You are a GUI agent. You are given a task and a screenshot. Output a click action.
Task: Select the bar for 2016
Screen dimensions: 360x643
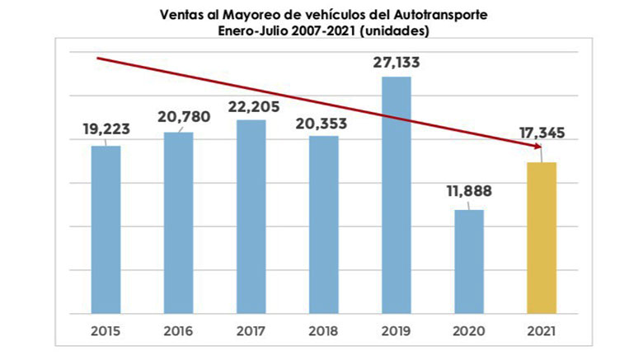(178, 222)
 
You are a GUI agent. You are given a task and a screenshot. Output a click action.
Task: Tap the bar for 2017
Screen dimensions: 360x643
(251, 216)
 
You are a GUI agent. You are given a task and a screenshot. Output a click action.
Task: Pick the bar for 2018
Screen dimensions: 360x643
(324, 224)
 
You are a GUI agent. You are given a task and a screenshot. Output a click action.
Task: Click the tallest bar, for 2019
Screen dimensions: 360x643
(397, 194)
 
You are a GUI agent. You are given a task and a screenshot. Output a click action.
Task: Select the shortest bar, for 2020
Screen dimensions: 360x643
(469, 261)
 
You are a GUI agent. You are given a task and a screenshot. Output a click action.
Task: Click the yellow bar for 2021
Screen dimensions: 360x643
(542, 237)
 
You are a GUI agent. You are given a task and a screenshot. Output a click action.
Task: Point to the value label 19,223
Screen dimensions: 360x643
(106, 129)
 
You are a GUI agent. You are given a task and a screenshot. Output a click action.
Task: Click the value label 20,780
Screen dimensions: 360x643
(178, 116)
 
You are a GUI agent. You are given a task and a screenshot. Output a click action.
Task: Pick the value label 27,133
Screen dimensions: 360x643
(397, 61)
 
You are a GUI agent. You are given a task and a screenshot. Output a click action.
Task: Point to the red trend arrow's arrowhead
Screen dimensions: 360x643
(535, 147)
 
